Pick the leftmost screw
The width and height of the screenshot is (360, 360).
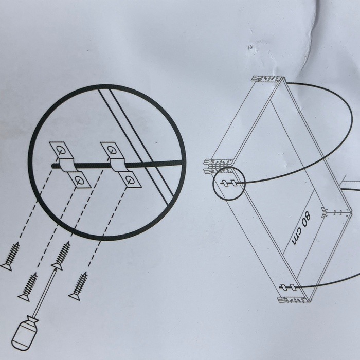click(x=10, y=256)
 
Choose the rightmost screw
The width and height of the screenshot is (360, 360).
click(x=79, y=286)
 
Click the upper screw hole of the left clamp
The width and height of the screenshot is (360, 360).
click(x=61, y=150)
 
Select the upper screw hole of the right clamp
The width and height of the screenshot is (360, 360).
click(x=112, y=150)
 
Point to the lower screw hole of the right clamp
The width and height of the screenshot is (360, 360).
click(x=130, y=180)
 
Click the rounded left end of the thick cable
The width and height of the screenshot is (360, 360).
click(x=53, y=166)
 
